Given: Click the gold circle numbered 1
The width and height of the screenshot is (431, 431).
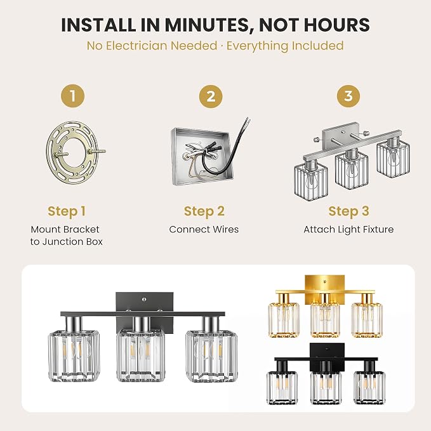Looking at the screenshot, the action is tap(73, 96).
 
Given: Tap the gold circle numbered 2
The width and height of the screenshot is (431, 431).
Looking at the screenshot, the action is tap(211, 96).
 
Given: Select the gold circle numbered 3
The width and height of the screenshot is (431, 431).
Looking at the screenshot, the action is tap(348, 96).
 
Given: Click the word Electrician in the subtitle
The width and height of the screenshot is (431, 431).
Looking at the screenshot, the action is tap(162, 46).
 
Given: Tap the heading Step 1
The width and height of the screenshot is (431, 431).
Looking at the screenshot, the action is tap(67, 211).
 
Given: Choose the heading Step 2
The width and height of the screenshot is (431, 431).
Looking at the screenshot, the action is tap(204, 211).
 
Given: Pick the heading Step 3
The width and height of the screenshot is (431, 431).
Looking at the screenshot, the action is tap(348, 211).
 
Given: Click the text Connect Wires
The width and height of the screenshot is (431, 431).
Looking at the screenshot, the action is tap(204, 229).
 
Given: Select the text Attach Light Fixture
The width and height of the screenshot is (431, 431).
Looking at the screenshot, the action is tap(348, 230).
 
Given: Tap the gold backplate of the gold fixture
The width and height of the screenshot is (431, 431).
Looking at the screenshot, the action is tap(324, 286).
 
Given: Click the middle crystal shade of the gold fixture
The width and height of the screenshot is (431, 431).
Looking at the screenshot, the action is tap(325, 319).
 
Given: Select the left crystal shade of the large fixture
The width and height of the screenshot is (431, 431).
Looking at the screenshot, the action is tap(74, 356).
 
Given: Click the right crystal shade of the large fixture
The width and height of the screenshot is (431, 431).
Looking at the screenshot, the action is tap(211, 356).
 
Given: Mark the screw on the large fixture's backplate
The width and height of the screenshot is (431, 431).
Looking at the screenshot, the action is tap(144, 300).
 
